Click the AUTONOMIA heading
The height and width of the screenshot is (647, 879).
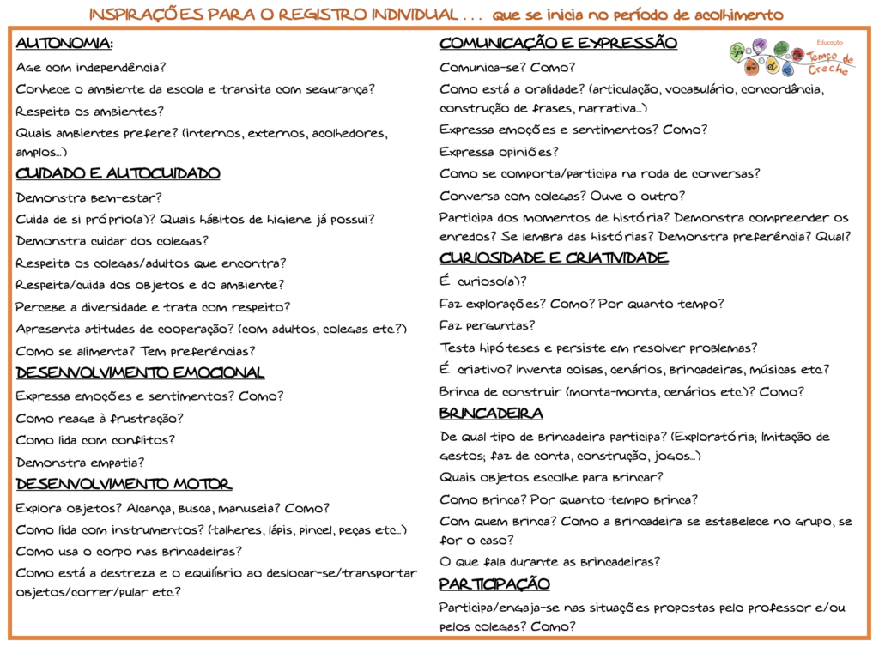coord(64,45)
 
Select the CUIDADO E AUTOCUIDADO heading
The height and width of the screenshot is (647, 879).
coord(118,174)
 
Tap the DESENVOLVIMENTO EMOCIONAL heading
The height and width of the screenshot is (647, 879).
coord(140,373)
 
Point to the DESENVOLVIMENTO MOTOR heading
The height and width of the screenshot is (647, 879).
coord(123,484)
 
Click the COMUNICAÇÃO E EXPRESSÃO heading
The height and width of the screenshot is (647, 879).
coord(558,44)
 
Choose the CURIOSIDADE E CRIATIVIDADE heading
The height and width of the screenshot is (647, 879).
coord(554,258)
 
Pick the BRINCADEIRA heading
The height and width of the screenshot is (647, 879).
coord(491,414)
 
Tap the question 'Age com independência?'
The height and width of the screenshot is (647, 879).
coord(90,67)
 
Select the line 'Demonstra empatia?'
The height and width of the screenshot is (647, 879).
coord(80,463)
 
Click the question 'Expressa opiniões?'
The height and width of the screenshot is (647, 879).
coord(499,152)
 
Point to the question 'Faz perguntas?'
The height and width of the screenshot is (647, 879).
coord(488,325)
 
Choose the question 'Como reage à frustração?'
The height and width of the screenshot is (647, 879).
coord(100,418)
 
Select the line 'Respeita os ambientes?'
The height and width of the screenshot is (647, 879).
coord(89,111)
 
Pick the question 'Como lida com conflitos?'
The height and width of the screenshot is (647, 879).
coord(95,440)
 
